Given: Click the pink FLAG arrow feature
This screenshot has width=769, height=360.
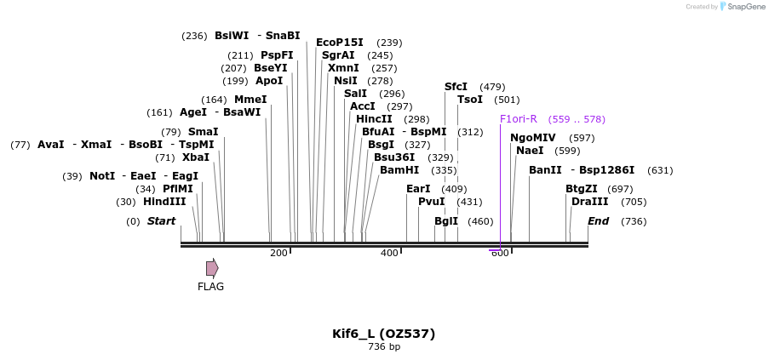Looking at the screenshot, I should coord(212,268).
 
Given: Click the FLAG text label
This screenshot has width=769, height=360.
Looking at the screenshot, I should coord(210,287).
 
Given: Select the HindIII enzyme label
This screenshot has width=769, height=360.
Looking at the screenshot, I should coord(164,202).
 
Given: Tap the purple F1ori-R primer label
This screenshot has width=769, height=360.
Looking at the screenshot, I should coord(519,119).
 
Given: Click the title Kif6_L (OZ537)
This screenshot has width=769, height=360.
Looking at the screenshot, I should coord(383,334).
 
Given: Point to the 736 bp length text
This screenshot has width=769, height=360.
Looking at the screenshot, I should coord(383,346).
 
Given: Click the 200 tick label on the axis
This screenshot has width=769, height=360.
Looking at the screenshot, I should coord(278,253).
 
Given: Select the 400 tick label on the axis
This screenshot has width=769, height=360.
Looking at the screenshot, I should coord(389,253).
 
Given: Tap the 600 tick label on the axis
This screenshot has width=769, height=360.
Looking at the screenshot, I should coord(500,254).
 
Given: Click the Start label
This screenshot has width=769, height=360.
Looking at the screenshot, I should coord(161,221).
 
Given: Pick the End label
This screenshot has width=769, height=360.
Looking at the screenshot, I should coord(599,221).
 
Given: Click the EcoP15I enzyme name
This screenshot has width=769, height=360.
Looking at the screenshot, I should coord(340,43).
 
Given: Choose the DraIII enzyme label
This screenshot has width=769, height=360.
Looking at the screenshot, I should coord(590,202).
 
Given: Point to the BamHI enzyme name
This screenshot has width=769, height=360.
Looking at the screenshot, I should coord(399,170).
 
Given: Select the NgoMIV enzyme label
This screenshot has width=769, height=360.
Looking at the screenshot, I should coord(533,138).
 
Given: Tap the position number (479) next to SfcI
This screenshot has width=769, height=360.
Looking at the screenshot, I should coord(492,87).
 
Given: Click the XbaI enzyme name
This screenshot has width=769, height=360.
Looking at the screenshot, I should coord(196,157).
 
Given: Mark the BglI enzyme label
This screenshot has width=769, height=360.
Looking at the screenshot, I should coord(446,221).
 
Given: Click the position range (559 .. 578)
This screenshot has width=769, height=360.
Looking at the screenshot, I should coord(577,119).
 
